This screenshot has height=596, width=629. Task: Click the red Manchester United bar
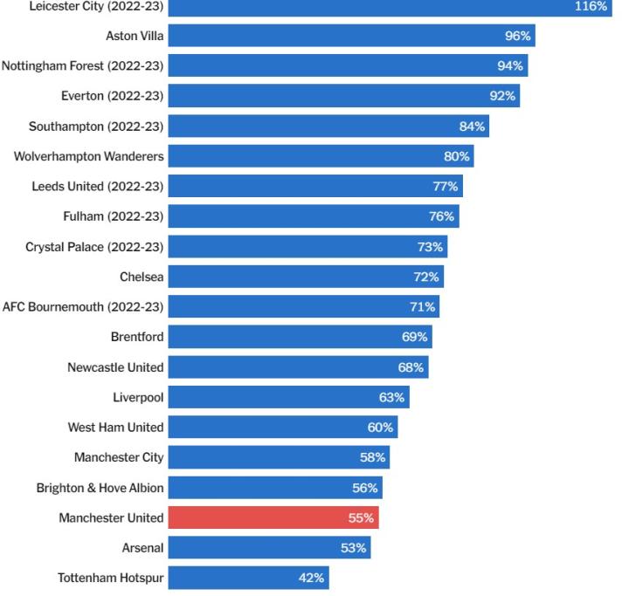[x=273, y=517]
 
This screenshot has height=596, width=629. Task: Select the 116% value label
[x=591, y=6]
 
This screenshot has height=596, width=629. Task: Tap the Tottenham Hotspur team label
[x=110, y=578]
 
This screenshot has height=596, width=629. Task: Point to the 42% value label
[x=312, y=578]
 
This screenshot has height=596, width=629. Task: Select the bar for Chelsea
[x=306, y=277]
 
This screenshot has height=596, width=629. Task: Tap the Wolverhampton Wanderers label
[x=89, y=156]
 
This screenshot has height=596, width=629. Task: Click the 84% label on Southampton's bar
[x=472, y=127]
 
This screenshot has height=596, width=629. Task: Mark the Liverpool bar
[x=288, y=397]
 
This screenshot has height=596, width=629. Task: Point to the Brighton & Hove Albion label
[x=100, y=488]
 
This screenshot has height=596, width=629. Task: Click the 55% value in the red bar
[x=361, y=518]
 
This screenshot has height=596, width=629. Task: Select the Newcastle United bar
[x=298, y=367]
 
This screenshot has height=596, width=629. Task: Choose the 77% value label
[x=445, y=187]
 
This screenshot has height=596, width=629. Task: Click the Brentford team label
[x=137, y=337]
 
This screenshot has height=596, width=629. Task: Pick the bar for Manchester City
[x=279, y=457]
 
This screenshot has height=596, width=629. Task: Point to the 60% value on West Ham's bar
[x=380, y=428]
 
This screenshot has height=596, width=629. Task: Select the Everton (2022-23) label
[x=113, y=96]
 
